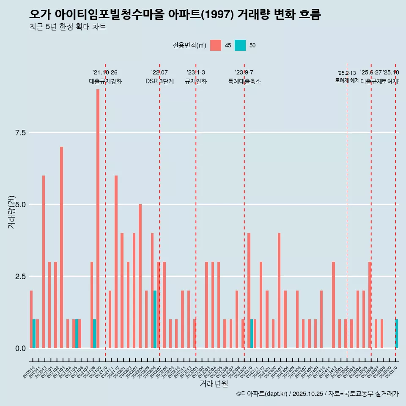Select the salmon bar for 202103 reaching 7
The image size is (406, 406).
tap(61, 247)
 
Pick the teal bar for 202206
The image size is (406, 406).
tap(155, 319)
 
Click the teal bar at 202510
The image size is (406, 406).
tap(397, 334)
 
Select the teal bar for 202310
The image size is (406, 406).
tap(252, 334)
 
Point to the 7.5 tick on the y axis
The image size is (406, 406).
tap(20, 133)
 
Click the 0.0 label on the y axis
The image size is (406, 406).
tap(20, 348)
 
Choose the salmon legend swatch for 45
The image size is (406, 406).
tap(216, 45)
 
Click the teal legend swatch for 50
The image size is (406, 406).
tap(240, 45)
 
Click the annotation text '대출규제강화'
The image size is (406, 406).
tap(105, 82)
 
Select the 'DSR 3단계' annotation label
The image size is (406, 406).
tap(159, 82)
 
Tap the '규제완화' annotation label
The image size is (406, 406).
tap(196, 82)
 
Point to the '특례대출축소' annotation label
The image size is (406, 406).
tap(244, 82)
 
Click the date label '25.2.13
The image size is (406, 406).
tap(347, 73)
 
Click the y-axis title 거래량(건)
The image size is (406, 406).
tap(12, 211)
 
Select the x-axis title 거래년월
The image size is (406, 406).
tap(214, 384)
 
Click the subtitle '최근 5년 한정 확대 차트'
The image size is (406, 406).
tap(68, 27)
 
